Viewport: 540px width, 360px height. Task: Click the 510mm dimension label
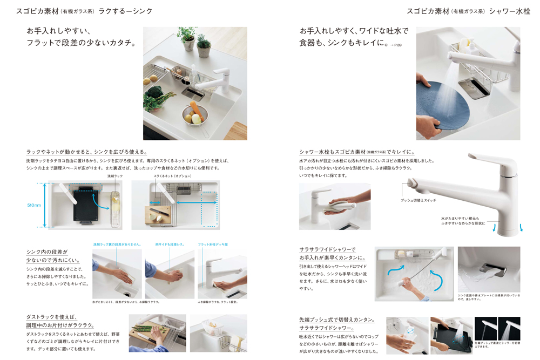point(34,205)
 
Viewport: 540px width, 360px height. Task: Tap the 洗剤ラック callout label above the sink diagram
point(115,176)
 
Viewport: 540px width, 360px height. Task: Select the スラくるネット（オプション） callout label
point(172,176)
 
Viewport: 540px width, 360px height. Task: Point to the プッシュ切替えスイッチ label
point(418,200)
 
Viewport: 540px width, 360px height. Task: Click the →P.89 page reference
point(396,45)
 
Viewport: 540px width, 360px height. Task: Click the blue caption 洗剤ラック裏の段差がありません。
point(117,244)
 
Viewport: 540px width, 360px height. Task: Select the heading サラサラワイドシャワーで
point(328,249)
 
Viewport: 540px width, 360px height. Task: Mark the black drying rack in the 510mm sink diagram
point(86,203)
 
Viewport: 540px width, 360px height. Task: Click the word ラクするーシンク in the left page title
point(125,11)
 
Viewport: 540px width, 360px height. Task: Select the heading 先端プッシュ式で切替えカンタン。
point(337,320)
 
